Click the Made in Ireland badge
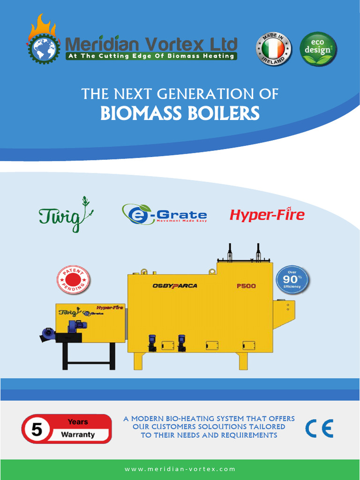point(273,49)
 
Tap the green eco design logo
point(318,49)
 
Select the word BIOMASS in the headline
point(140,113)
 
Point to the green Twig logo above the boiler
point(66,215)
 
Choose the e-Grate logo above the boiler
point(164,214)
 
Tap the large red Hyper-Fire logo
point(267,215)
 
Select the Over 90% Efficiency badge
point(292,280)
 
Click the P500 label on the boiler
point(246,286)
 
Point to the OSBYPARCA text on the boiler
point(174,286)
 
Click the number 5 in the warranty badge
point(37,429)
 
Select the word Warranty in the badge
point(77,435)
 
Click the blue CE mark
point(319,428)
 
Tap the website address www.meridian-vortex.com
point(180,469)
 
